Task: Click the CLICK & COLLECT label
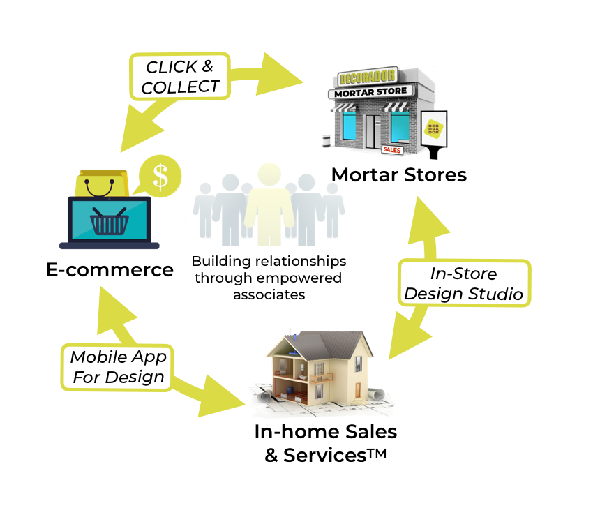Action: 180,77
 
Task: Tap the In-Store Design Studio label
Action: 464,283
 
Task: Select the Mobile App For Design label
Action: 118,367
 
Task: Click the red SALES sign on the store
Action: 393,149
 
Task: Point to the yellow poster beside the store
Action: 433,129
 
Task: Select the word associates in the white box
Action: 269,294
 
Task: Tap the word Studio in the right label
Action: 497,294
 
